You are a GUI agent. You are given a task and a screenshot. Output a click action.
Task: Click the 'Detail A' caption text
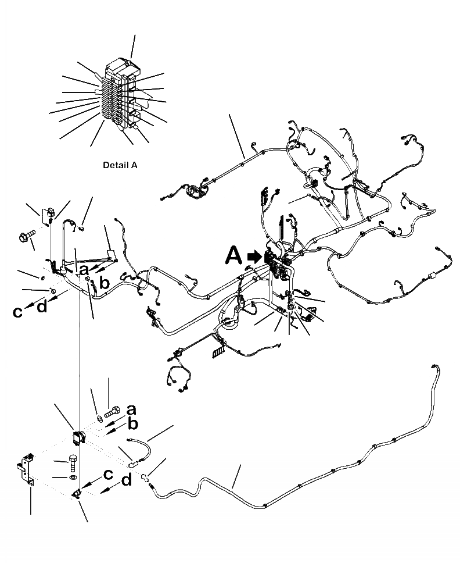point(120,165)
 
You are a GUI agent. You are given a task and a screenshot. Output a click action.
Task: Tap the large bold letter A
point(234,255)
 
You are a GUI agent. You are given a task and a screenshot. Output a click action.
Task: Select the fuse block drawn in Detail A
point(119,96)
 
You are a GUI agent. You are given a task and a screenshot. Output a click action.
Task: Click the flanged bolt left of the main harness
point(27,236)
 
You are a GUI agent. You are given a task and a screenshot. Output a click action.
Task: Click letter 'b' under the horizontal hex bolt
point(132,424)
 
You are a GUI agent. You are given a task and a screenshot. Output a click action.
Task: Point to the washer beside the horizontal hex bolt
point(100,416)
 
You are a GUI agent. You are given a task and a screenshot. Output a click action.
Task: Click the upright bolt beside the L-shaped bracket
point(73,462)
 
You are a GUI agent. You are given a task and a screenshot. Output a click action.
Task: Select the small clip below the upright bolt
point(76,494)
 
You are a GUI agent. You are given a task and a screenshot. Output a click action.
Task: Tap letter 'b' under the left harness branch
point(104,283)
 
